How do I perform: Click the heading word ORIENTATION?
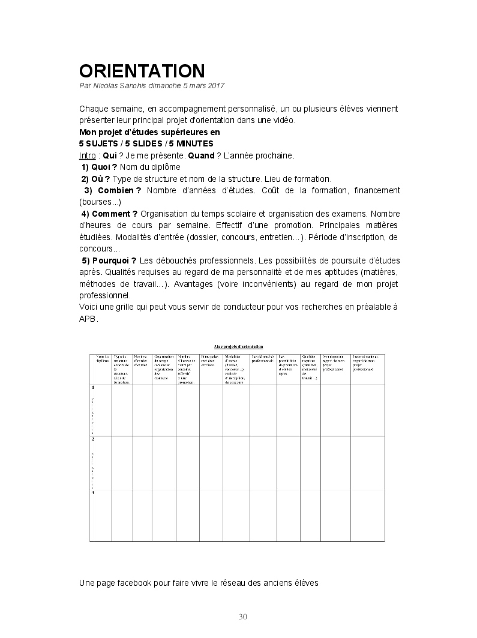(x=142, y=71)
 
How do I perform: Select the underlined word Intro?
(x=87, y=155)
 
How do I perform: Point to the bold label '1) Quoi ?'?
(x=99, y=167)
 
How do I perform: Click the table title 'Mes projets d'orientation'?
(x=238, y=347)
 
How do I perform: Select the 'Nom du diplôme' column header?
(x=102, y=358)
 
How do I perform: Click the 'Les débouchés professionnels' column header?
(x=263, y=358)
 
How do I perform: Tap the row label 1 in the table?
(x=93, y=387)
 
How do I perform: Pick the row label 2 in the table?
(x=93, y=439)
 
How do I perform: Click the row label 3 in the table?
(x=93, y=492)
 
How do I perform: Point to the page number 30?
(x=243, y=617)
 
